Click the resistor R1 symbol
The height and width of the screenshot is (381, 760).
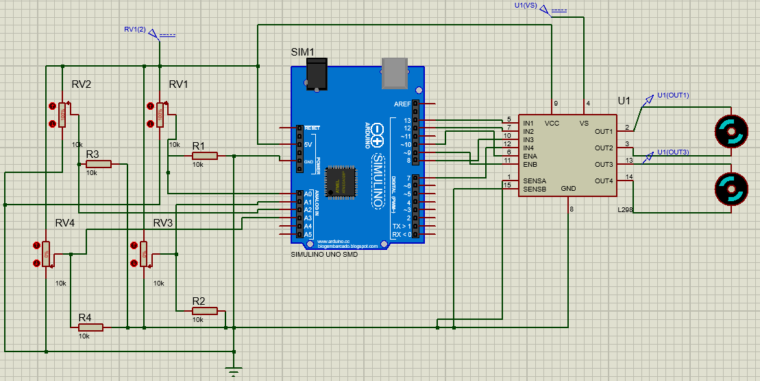pyautogui.click(x=205, y=156)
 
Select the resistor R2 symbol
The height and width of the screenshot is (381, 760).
pyautogui.click(x=205, y=311)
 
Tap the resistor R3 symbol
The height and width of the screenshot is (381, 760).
pyautogui.click(x=99, y=164)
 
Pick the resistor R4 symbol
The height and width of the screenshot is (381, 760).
pyautogui.click(x=90, y=327)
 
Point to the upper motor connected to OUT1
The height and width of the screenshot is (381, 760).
pyautogui.click(x=729, y=130)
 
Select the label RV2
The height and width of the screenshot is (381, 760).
pyautogui.click(x=82, y=84)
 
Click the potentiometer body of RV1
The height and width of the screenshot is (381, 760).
pyautogui.click(x=160, y=115)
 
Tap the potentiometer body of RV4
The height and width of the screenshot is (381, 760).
pyautogui.click(x=46, y=253)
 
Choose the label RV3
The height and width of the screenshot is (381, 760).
pyautogui.click(x=163, y=223)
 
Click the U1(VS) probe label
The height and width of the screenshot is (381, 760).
pyautogui.click(x=526, y=5)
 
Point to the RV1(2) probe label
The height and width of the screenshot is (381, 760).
pyautogui.click(x=134, y=30)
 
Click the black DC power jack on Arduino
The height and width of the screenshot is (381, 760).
pyautogui.click(x=316, y=73)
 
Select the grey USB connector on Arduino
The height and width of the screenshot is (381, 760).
pyautogui.click(x=394, y=73)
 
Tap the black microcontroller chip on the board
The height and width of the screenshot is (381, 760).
pyautogui.click(x=341, y=182)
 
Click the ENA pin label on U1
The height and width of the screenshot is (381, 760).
pyautogui.click(x=530, y=156)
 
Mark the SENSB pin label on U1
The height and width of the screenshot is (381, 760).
pyautogui.click(x=534, y=189)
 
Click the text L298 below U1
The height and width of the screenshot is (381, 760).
pyautogui.click(x=625, y=209)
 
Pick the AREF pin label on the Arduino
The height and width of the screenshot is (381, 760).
pyautogui.click(x=402, y=104)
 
